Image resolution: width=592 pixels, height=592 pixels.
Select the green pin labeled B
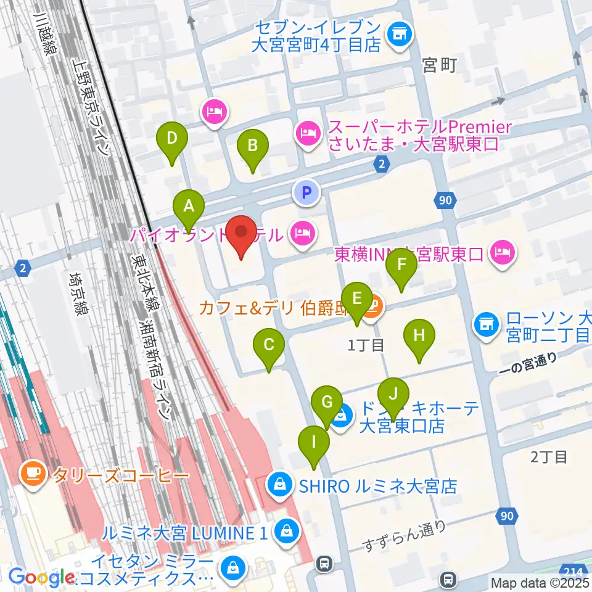coord(252,147)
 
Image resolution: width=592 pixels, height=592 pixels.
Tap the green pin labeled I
coord(314,443)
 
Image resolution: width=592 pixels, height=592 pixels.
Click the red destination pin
coord(240,234)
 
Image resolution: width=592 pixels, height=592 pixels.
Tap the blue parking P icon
coord(306,192)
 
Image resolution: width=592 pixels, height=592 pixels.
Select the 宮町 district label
coord(440,65)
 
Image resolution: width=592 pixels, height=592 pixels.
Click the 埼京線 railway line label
coord(78,295)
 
